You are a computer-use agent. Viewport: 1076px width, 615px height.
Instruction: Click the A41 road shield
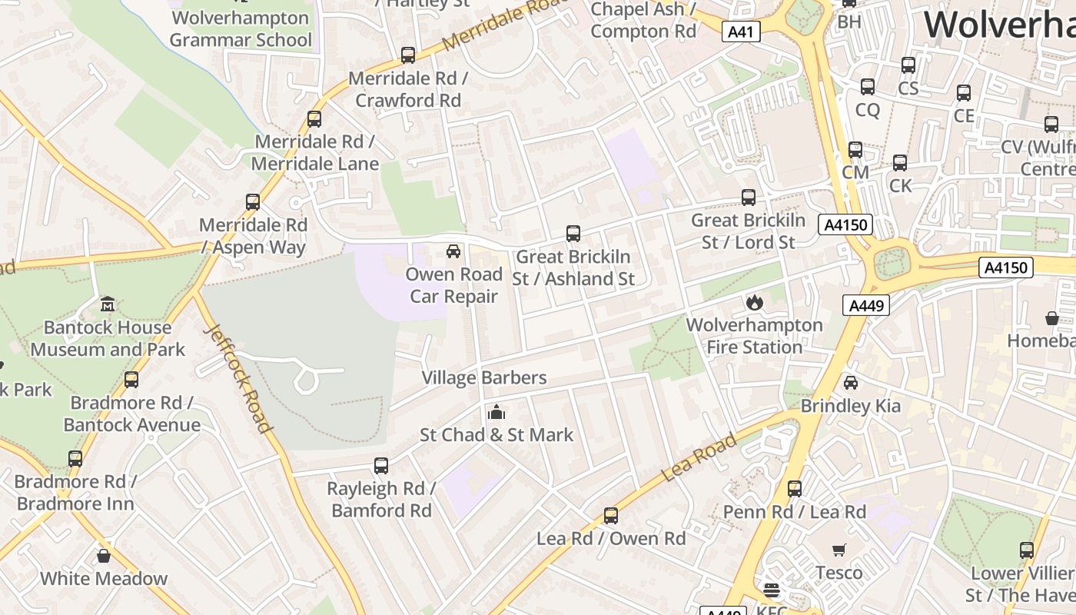point(742,32)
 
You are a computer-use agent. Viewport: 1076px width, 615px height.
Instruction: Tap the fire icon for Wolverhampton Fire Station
point(754,302)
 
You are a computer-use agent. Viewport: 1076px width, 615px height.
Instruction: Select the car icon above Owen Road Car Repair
point(453,251)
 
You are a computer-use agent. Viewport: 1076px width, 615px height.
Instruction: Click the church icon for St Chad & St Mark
point(496,412)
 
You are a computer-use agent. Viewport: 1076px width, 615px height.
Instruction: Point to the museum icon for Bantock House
point(108,304)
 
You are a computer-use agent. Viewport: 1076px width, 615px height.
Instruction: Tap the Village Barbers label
point(484,377)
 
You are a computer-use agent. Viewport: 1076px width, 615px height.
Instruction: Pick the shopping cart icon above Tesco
point(839,550)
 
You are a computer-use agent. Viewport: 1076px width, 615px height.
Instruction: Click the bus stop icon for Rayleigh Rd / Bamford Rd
point(381,465)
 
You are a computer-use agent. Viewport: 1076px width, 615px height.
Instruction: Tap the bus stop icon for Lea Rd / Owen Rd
point(611,516)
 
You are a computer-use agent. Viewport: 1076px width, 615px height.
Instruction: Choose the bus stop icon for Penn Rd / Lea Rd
point(795,489)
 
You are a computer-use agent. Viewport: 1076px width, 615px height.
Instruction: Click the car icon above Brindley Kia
point(851,383)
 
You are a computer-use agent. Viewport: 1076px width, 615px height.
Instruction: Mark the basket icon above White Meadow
point(104,556)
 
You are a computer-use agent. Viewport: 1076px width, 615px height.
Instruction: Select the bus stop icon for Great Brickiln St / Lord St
point(749,198)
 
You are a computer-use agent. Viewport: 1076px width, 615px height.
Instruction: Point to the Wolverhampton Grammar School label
point(241,28)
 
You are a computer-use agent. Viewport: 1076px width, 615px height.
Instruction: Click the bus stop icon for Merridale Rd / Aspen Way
point(253,202)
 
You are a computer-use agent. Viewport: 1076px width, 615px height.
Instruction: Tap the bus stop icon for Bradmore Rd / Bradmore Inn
point(75,459)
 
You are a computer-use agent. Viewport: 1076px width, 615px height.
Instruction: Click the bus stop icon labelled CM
point(855,150)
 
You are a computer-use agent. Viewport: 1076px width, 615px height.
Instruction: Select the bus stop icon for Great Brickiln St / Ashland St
point(573,234)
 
